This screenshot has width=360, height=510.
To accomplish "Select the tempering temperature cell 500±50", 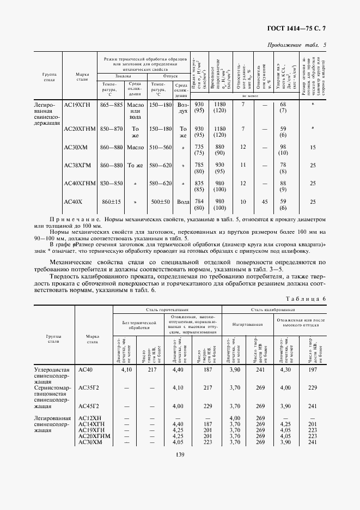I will (x=161, y=202).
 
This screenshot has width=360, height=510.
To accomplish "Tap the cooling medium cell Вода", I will (x=184, y=202).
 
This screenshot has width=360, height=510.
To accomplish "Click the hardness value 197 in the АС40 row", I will (x=312, y=369).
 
